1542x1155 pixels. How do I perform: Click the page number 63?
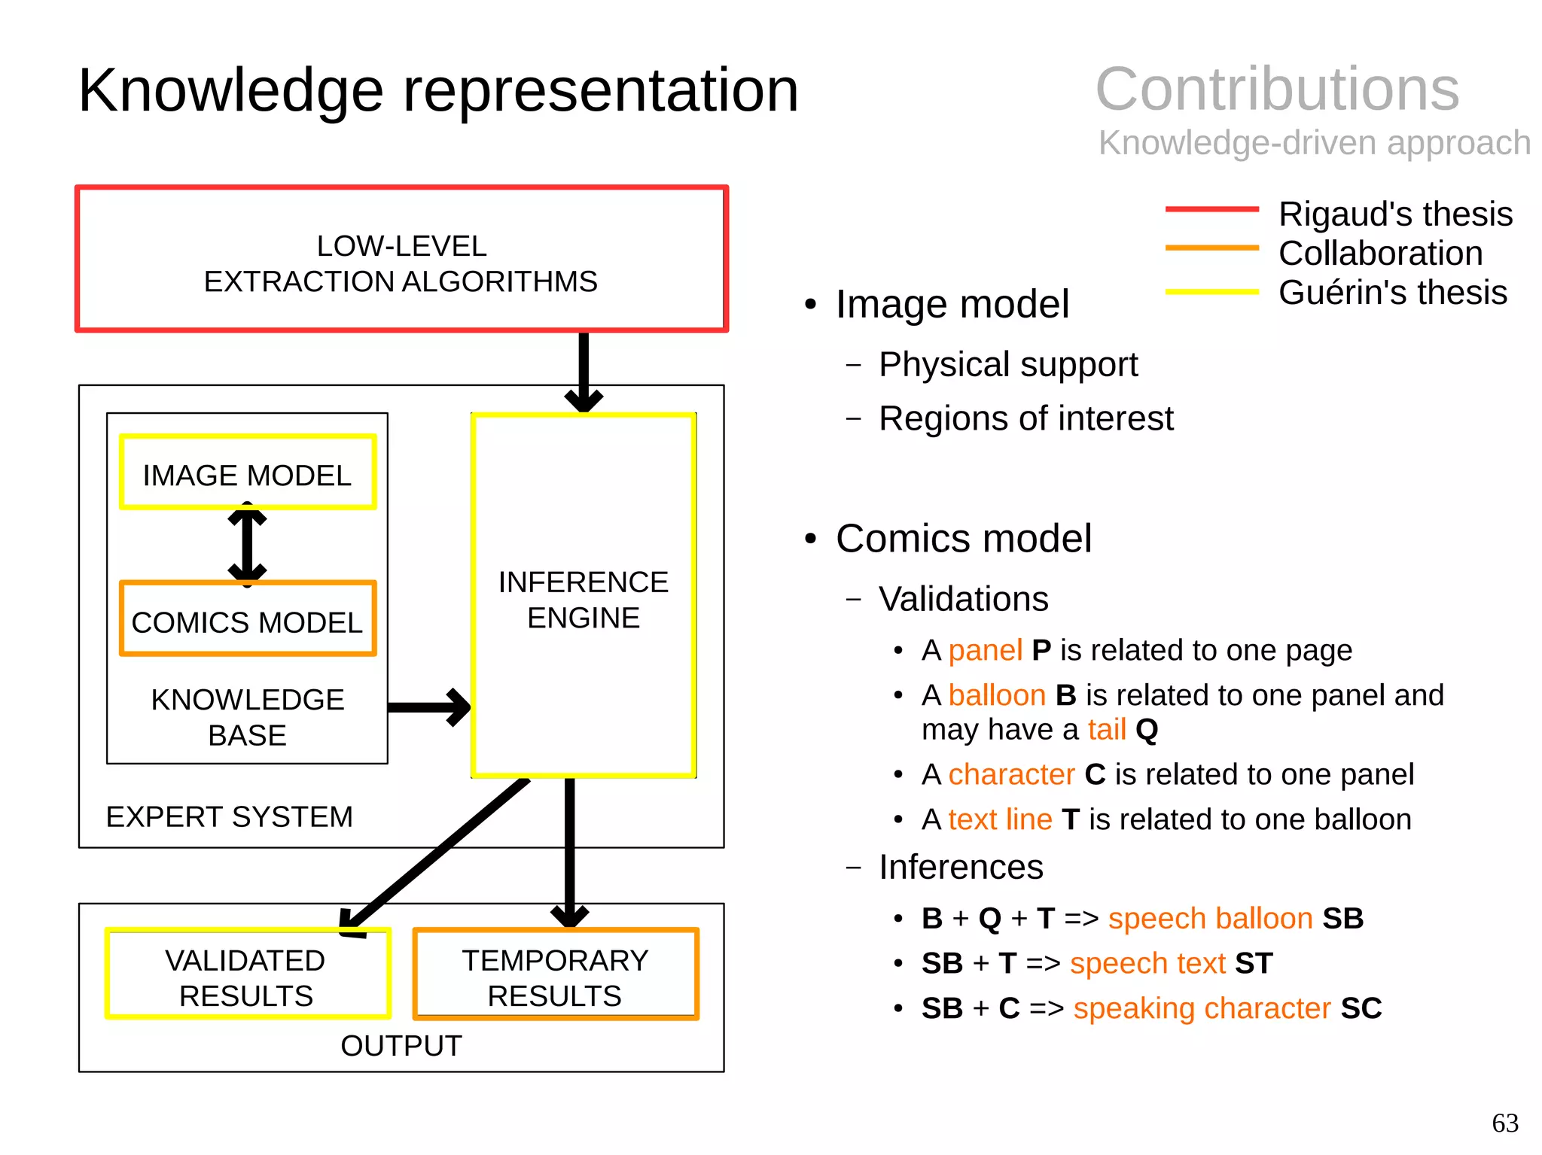(x=1504, y=1123)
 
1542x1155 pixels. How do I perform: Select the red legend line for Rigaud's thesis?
(x=1211, y=209)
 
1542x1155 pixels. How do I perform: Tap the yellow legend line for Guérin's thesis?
(x=1211, y=292)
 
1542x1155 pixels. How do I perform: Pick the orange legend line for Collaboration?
(x=1211, y=248)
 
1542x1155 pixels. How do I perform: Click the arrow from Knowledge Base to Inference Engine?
(x=429, y=707)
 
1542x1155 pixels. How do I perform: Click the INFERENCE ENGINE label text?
(x=584, y=600)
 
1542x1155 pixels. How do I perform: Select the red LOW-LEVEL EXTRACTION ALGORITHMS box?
(x=401, y=259)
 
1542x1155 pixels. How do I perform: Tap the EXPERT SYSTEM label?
(x=229, y=817)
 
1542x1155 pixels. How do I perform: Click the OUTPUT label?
(x=401, y=1046)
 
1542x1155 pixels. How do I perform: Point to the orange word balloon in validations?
(x=997, y=695)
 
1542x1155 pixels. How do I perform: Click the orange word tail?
(x=1107, y=730)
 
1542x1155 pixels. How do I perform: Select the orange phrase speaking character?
(x=1202, y=1008)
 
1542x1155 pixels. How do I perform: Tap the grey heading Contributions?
(x=1277, y=89)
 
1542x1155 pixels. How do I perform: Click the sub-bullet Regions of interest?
(x=1025, y=418)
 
